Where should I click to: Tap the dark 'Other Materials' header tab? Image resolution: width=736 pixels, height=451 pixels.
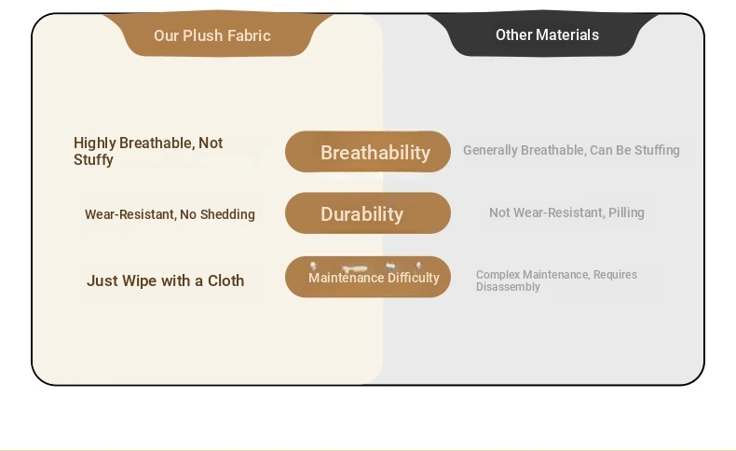tap(543, 34)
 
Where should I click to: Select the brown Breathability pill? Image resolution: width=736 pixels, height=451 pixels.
tap(368, 152)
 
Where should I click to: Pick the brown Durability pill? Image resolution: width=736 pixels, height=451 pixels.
tap(368, 213)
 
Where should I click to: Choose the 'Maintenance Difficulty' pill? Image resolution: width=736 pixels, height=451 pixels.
tap(368, 277)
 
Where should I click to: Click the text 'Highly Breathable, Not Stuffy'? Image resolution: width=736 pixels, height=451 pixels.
tap(148, 151)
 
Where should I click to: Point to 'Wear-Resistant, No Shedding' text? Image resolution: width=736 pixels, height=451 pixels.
tap(170, 214)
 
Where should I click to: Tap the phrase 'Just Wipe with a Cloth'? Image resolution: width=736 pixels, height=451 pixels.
tap(165, 280)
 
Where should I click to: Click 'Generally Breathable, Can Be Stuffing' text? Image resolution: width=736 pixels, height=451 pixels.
tap(571, 150)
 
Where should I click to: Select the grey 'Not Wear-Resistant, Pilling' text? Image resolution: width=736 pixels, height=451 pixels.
tap(566, 212)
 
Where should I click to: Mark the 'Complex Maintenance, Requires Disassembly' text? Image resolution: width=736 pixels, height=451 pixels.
tap(557, 280)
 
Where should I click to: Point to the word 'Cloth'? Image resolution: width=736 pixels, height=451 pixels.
tap(225, 280)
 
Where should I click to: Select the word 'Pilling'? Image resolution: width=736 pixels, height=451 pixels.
tap(626, 212)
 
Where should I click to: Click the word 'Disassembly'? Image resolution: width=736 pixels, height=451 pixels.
tap(508, 287)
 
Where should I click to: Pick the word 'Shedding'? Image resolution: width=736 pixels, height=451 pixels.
tap(227, 214)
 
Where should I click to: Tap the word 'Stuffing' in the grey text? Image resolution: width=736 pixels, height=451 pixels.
tap(657, 150)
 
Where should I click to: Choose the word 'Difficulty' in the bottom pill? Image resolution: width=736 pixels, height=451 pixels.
tap(414, 278)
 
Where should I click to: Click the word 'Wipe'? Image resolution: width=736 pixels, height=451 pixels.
tap(140, 281)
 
